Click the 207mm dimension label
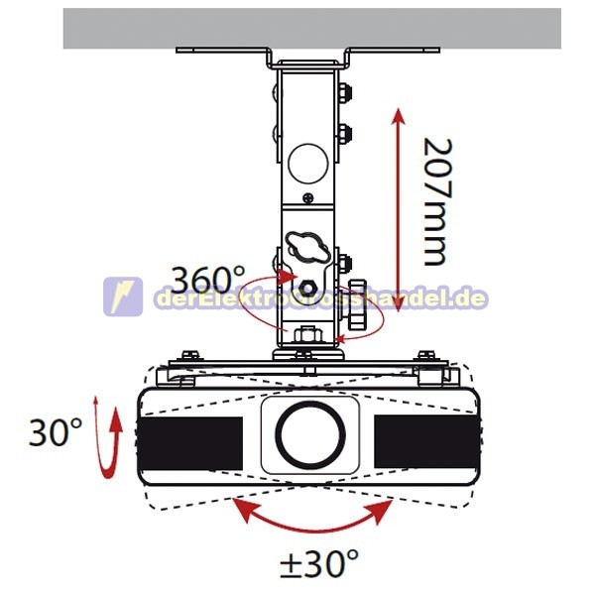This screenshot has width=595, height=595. point(438,202)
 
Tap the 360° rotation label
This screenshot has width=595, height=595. point(208,280)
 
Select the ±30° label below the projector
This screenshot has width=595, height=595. point(318,563)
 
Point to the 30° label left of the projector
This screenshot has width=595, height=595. point(56,431)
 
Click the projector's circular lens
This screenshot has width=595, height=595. point(310,434)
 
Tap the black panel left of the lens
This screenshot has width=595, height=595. point(190,443)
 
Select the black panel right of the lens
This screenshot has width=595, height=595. point(426,441)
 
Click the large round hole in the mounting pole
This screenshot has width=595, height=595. point(307,164)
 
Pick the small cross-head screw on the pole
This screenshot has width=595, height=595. point(308,197)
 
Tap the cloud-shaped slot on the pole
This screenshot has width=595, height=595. point(307,246)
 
